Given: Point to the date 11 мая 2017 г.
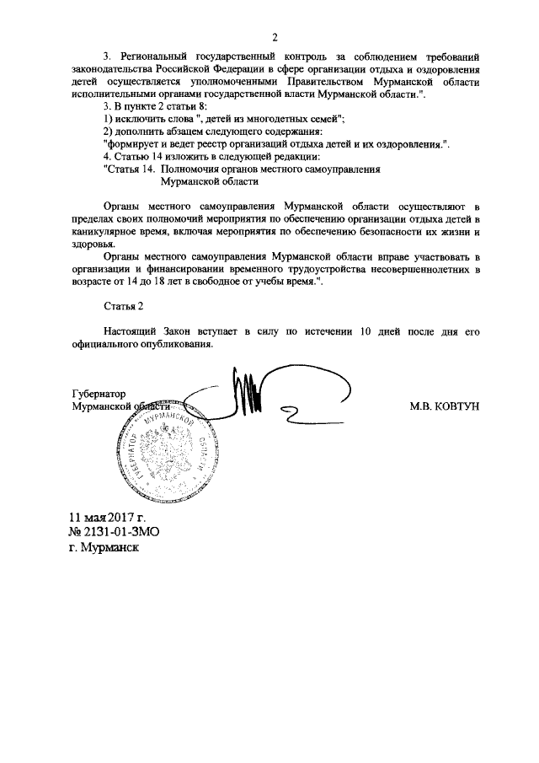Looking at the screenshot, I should (x=108, y=516).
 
